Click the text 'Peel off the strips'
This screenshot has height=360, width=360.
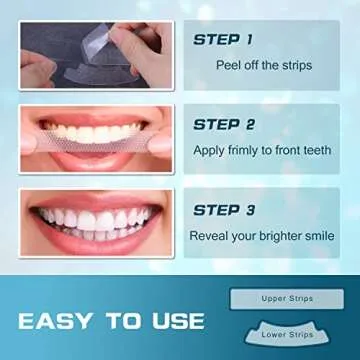pos(264,65)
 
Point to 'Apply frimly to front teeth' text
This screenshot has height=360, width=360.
pos(263,151)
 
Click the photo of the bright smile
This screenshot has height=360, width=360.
pos(89,224)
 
